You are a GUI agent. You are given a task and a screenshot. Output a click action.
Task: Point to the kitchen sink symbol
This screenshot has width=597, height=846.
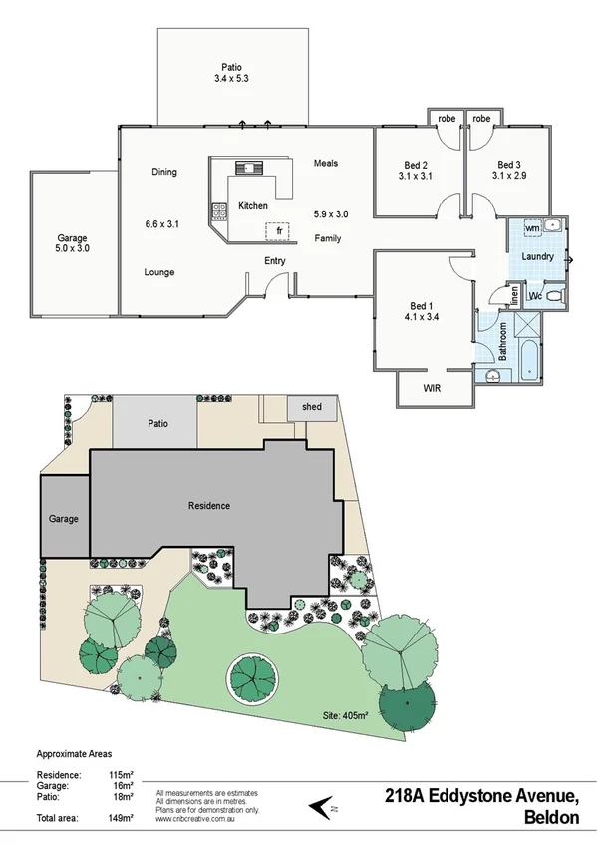point(245,167)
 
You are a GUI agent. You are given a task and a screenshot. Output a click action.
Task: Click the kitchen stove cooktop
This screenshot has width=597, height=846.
point(218,211)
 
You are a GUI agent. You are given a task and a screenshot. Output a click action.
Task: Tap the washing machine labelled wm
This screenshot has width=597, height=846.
point(531,228)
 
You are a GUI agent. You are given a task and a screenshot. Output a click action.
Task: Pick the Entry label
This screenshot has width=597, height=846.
point(275,261)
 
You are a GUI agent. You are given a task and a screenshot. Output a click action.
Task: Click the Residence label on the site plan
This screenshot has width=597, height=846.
point(208,506)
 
